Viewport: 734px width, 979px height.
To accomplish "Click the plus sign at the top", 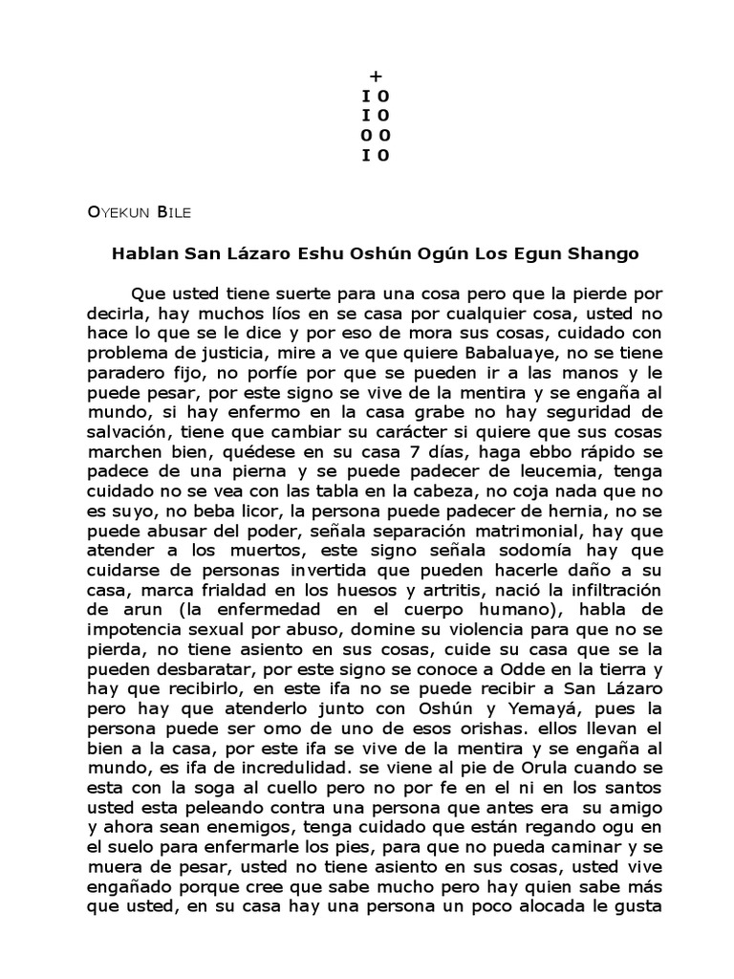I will click(375, 77).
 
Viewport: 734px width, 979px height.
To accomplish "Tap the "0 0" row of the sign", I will click(375, 136).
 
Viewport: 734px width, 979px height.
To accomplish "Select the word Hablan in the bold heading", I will click(144, 255).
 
